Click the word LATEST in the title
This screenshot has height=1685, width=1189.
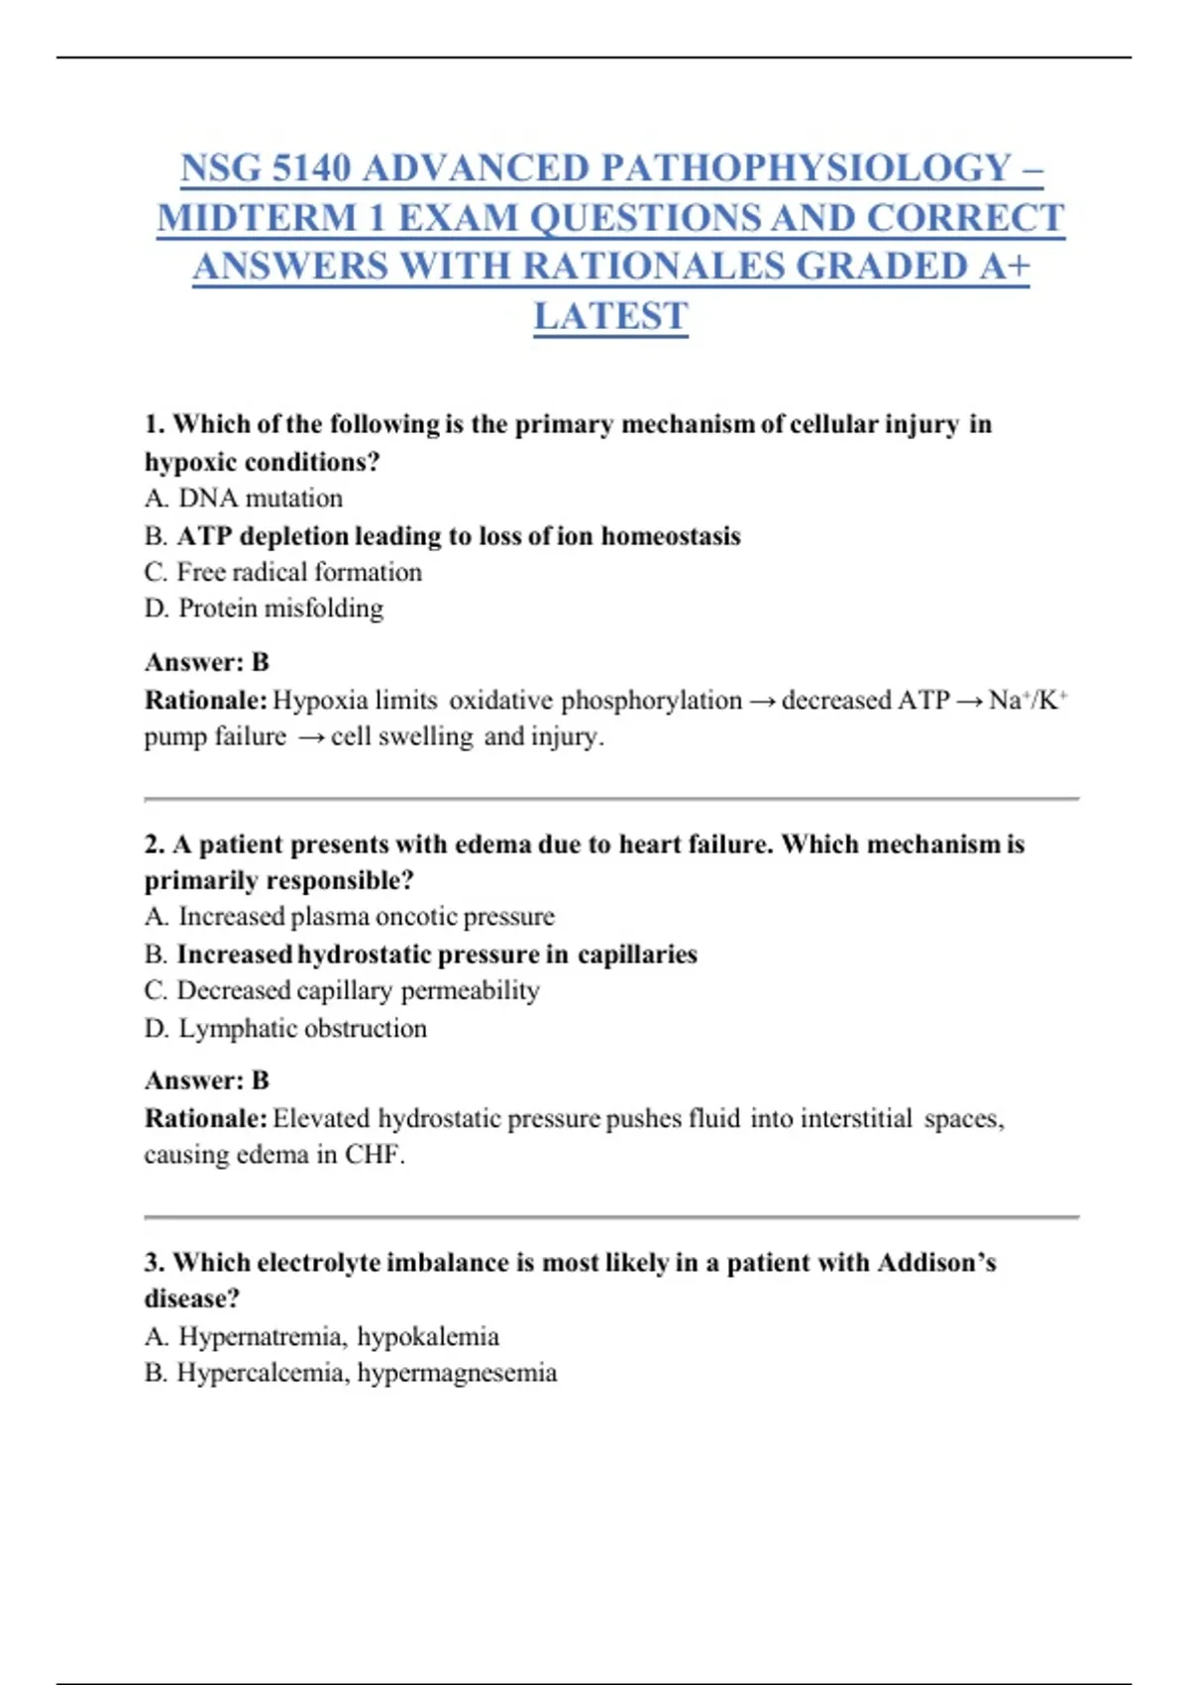610,316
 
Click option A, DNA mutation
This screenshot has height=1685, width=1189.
260,498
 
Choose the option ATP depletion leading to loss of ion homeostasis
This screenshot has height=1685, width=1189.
458,536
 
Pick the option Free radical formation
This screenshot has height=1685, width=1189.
298,572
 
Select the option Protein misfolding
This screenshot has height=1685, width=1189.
280,608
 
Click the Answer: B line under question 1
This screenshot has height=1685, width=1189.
207,662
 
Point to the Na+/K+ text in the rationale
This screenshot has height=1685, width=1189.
1027,700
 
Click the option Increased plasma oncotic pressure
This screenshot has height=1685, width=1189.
366,916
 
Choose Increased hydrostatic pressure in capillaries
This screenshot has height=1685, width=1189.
436,954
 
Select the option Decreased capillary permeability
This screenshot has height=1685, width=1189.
358,990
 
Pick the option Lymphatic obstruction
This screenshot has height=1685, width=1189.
302,1028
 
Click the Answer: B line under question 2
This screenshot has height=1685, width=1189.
207,1080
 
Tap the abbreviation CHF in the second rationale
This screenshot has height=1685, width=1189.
373,1155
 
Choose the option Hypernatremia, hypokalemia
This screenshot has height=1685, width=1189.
338,1336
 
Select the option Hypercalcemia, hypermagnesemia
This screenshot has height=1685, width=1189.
367,1373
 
